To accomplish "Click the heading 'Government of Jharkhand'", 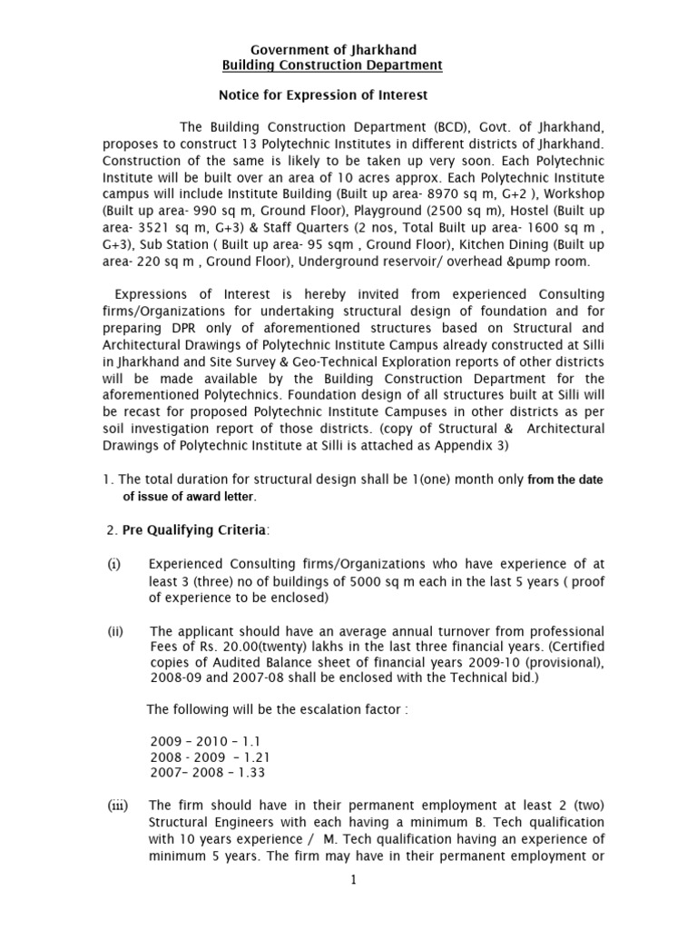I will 333,49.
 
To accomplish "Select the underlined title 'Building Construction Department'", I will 333,65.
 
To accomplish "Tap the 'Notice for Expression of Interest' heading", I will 323,94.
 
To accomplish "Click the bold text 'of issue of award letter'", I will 190,497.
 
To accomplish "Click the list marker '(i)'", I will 114,564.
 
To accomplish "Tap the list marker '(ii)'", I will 115,631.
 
